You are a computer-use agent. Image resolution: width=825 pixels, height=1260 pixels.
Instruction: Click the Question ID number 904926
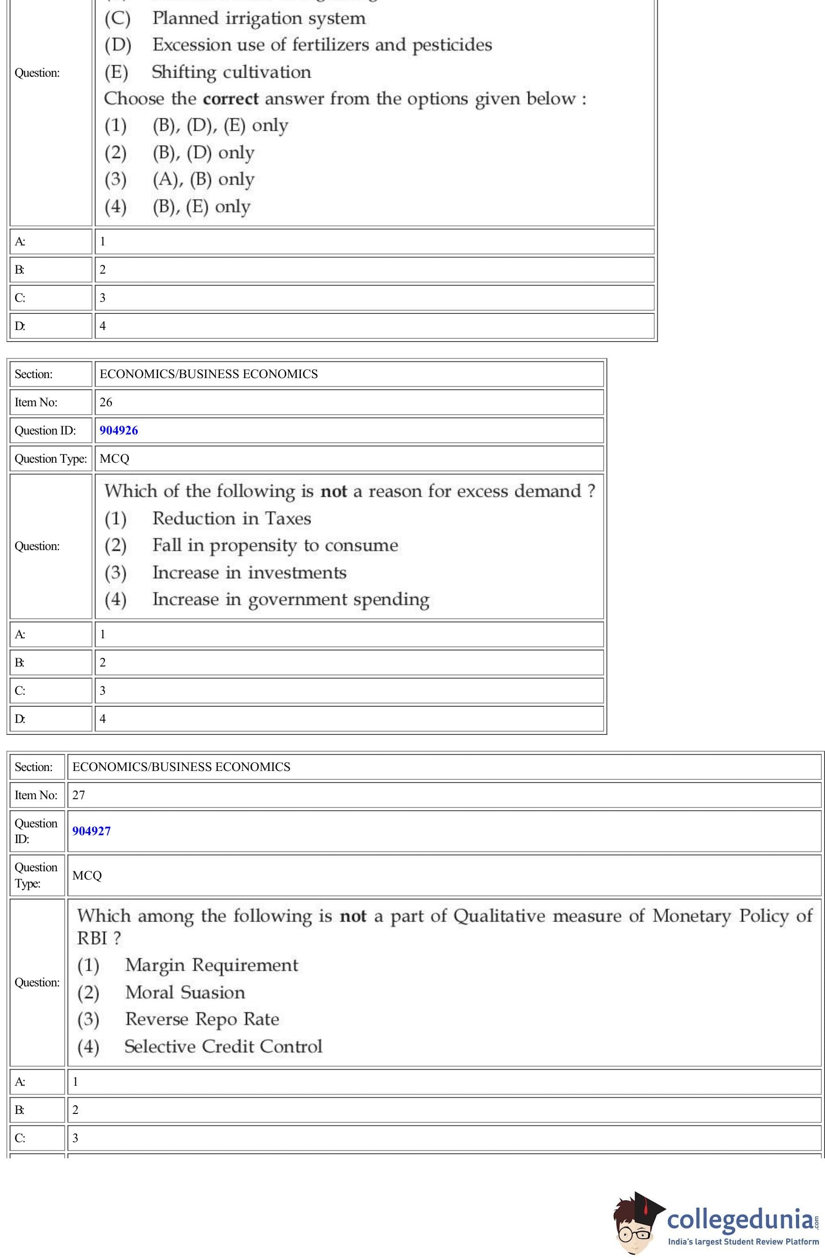click(119, 430)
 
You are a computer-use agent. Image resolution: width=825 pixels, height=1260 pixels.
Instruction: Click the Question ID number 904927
click(92, 831)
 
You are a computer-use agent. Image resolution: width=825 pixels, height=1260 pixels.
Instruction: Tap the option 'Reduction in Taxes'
click(232, 518)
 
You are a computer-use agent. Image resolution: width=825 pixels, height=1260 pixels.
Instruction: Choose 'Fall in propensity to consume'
click(275, 545)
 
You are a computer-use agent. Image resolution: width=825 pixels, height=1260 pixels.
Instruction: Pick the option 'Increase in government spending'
click(291, 599)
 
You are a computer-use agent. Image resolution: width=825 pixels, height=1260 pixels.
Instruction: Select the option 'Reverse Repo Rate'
click(202, 1019)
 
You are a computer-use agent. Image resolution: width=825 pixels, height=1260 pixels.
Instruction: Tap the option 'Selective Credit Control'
click(223, 1046)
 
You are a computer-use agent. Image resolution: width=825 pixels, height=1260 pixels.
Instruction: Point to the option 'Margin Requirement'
click(211, 965)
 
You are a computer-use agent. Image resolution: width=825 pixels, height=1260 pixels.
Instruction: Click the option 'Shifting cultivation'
click(231, 72)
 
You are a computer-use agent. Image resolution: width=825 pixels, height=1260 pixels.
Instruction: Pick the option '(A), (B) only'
click(203, 179)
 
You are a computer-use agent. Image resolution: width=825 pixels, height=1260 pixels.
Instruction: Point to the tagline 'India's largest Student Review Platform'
click(743, 1242)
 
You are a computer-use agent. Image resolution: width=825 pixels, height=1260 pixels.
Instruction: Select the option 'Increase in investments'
click(250, 572)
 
